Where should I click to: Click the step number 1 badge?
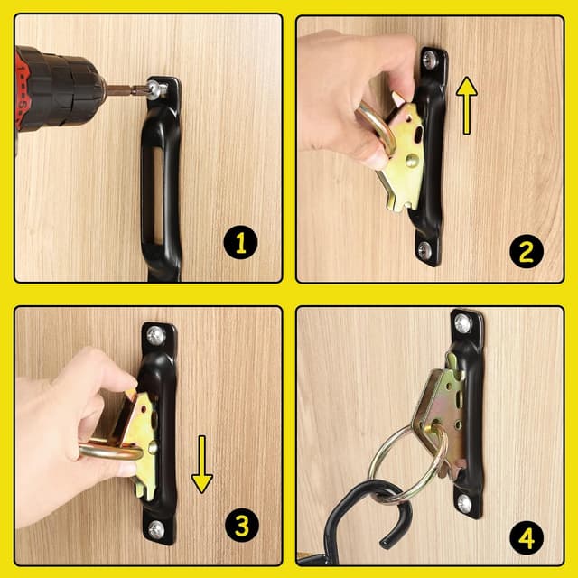[241, 242]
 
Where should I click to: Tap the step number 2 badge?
[527, 251]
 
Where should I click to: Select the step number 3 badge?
[242, 525]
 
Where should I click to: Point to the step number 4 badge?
[527, 538]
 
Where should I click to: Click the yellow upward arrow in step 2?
[467, 105]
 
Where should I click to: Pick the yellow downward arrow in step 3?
[202, 464]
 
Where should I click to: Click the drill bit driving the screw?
[127, 89]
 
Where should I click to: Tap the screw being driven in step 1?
[156, 89]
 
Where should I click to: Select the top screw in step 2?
[430, 58]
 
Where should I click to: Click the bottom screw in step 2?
[424, 249]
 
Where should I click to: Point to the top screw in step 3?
[156, 335]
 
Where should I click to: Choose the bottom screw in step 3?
[156, 529]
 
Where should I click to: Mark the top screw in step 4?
[462, 323]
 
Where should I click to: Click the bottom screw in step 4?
[464, 504]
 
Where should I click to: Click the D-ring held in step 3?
[110, 452]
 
